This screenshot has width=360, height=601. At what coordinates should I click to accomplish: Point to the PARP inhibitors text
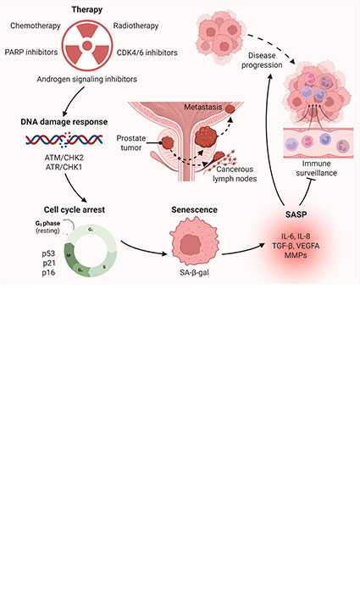coord(30,53)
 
